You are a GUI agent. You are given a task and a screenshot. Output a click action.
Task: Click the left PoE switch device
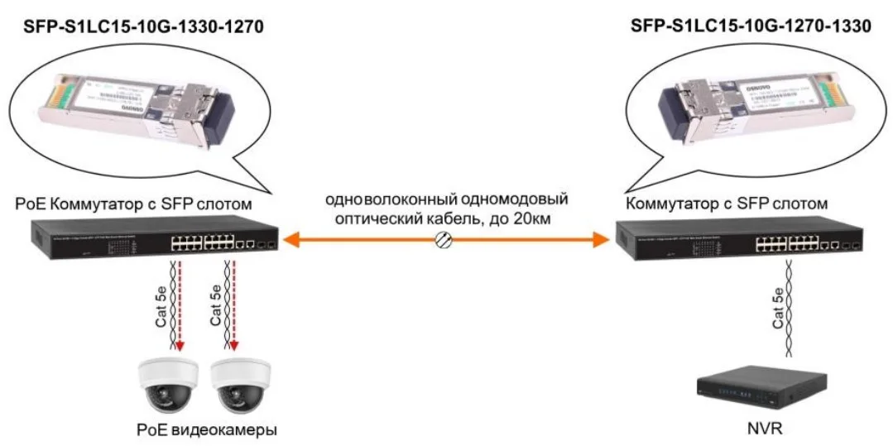click(155, 240)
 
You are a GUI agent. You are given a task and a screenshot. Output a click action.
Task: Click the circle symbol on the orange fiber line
click(444, 240)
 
